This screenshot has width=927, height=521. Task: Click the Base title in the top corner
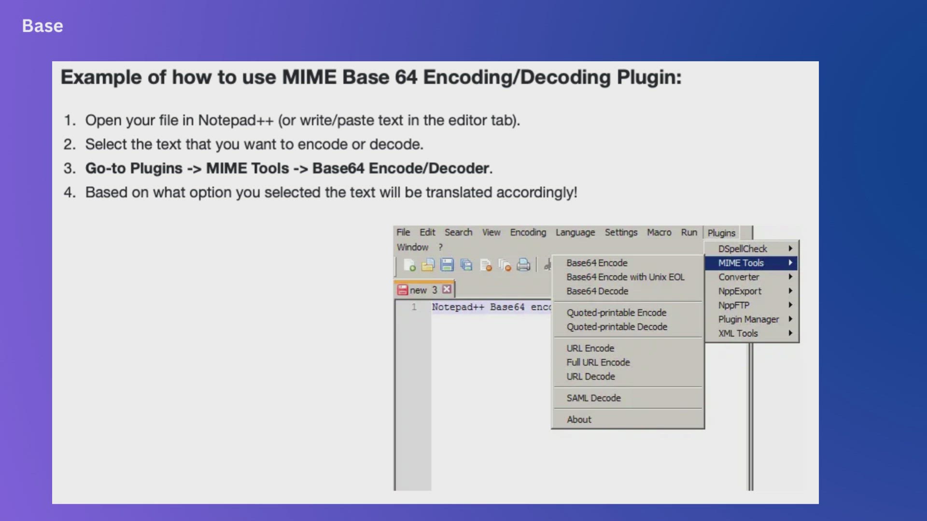coord(42,26)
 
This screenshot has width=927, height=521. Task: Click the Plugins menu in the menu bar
coord(721,233)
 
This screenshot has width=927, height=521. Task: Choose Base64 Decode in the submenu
coord(597,291)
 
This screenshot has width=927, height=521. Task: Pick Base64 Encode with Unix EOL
coord(625,277)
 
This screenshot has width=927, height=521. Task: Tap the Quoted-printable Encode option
coord(617,313)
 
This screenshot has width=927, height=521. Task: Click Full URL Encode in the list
coord(598,362)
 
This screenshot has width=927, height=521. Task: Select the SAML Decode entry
coord(593,398)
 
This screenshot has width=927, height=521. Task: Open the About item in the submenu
coord(579,420)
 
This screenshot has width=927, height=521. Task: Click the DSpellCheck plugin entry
coord(742,249)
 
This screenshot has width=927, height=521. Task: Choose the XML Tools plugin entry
coord(738,333)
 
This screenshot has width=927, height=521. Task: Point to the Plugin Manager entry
coord(748,319)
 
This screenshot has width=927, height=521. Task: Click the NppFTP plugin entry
coord(733,305)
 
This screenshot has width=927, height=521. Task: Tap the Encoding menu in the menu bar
coord(528,233)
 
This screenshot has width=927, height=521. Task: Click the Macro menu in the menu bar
coord(659,233)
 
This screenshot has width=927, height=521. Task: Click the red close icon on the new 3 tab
coord(447,289)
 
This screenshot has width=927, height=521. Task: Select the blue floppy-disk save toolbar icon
coord(447,265)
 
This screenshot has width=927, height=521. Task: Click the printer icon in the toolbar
coord(523,265)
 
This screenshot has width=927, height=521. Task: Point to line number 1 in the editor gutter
coord(414,307)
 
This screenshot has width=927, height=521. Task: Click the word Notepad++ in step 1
coord(236,121)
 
